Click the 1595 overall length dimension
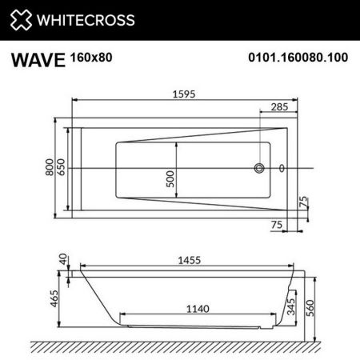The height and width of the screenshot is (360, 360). (185, 94)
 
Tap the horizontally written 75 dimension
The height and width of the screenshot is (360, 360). (276, 226)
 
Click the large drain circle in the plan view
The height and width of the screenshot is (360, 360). (260, 169)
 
